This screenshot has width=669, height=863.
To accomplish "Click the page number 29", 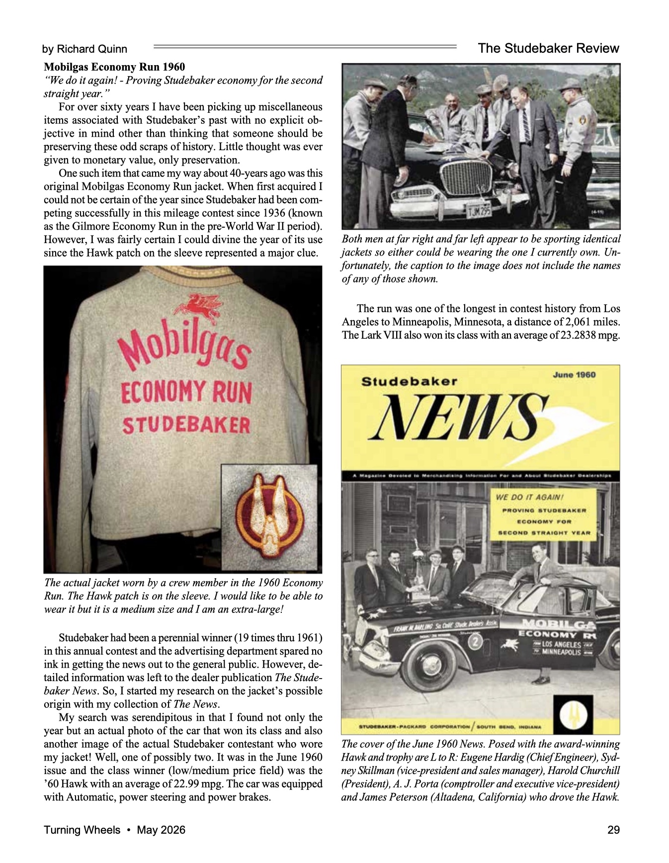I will [x=613, y=830].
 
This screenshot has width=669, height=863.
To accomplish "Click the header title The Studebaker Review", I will [x=548, y=48].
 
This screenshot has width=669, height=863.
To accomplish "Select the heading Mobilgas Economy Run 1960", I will [x=114, y=67].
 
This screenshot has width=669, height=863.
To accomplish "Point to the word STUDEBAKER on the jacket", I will [x=186, y=425].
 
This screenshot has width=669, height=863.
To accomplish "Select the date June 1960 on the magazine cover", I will [x=574, y=375].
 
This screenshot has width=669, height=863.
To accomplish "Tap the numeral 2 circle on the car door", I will [x=476, y=642].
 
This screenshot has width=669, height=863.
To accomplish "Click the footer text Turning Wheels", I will [x=82, y=830].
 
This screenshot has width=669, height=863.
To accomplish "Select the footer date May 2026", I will [x=161, y=830].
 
